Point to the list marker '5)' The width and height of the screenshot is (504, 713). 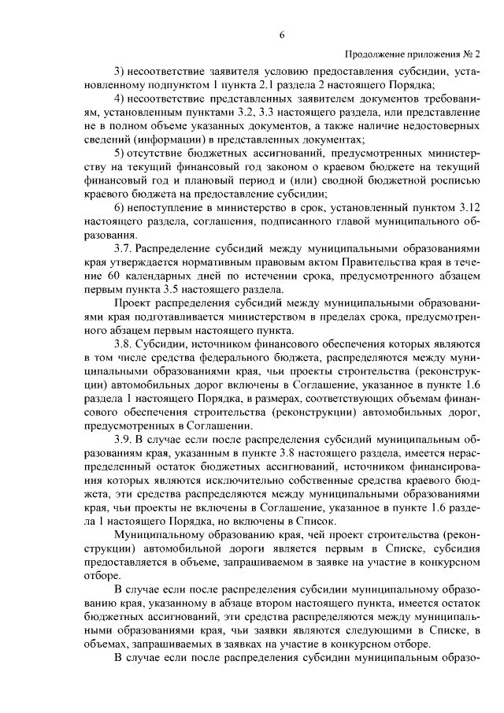(120, 152)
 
